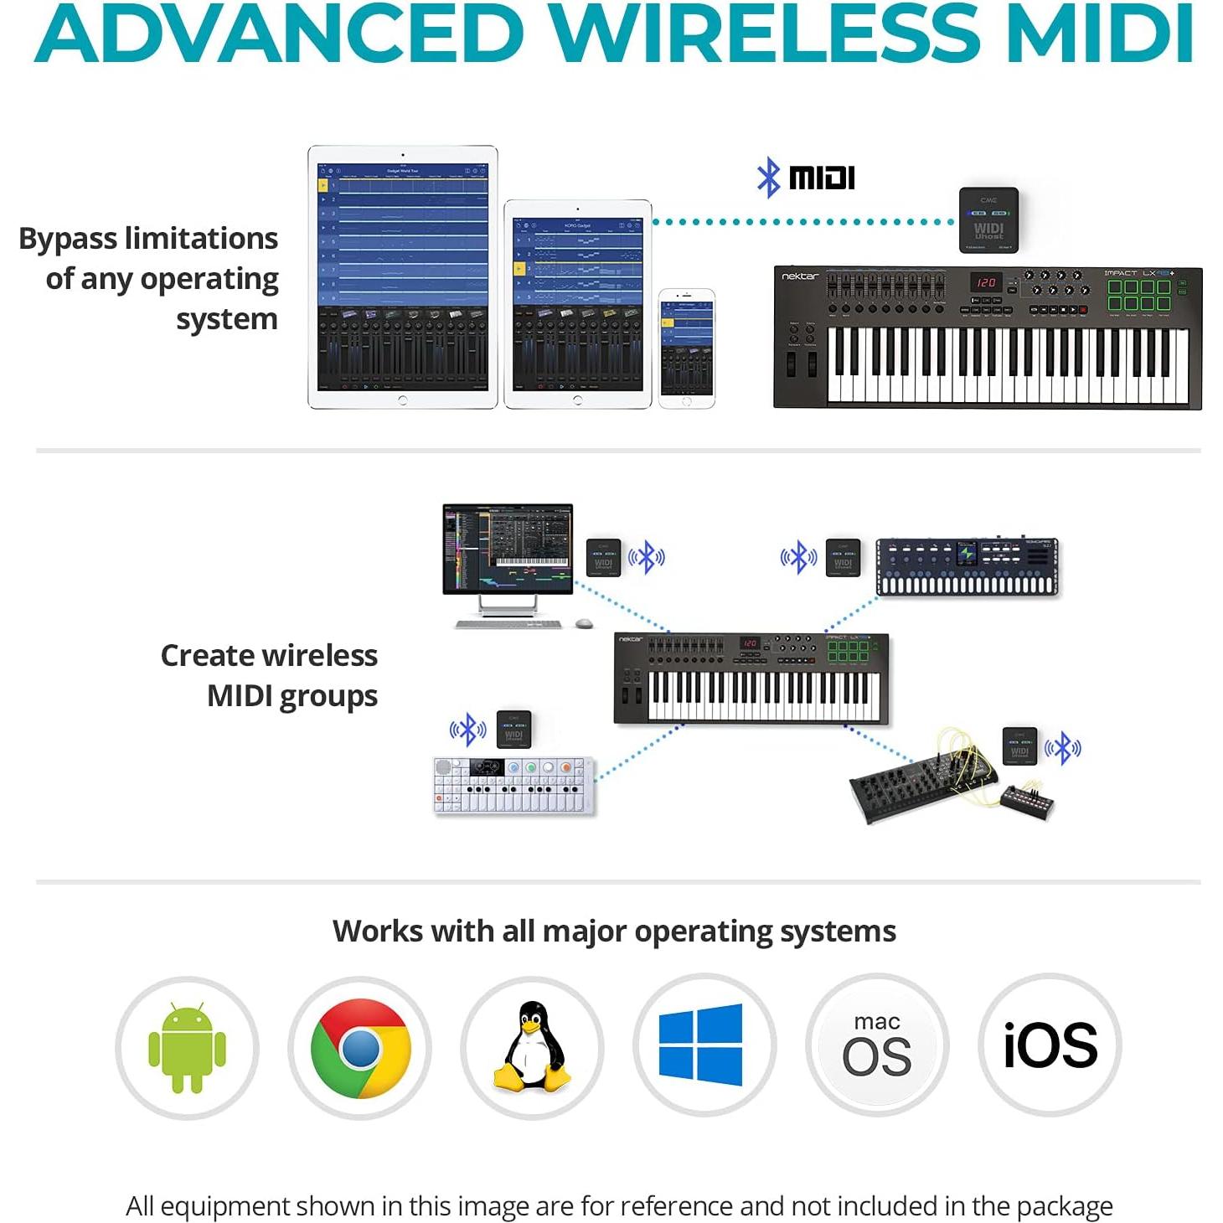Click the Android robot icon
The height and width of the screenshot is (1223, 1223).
(187, 1047)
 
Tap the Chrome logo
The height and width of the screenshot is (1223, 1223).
(360, 1047)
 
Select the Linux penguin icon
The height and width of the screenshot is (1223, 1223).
(532, 1047)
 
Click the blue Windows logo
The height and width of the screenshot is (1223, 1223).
(701, 1045)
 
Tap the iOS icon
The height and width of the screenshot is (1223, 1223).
(1050, 1045)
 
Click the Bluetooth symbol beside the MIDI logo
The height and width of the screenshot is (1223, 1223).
(768, 178)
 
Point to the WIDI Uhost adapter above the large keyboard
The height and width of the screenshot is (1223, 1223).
(988, 219)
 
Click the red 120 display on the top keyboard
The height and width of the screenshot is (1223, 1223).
(986, 282)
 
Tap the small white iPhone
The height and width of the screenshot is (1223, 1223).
(686, 348)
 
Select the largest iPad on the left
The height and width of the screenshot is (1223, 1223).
(402, 277)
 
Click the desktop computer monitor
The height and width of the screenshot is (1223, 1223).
(508, 549)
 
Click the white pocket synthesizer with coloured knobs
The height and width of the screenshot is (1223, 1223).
(513, 786)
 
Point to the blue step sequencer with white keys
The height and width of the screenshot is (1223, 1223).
(967, 567)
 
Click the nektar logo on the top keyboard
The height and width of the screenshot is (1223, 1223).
(800, 276)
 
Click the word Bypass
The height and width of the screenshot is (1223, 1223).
(68, 239)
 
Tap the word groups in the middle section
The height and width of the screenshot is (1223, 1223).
(328, 696)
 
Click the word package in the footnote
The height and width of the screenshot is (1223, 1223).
(1064, 1206)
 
